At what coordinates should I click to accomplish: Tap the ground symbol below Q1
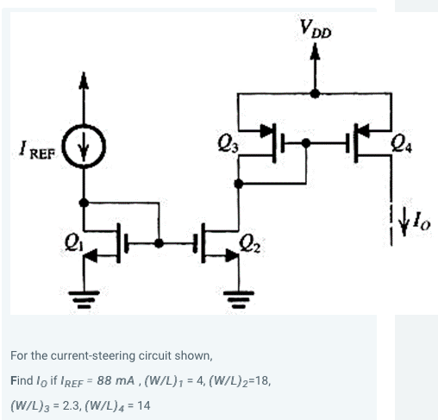(x=83, y=299)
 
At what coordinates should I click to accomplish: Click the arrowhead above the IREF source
(x=84, y=81)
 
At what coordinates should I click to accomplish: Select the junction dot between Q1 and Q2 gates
(x=158, y=243)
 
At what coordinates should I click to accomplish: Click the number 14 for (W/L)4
(x=144, y=404)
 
